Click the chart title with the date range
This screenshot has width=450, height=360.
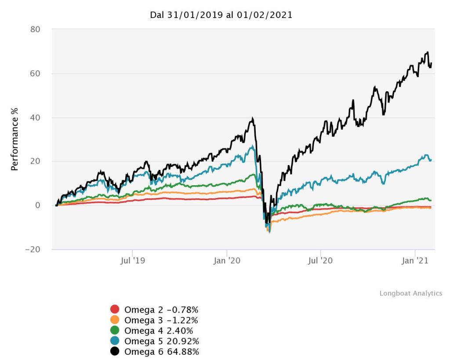coord(221,15)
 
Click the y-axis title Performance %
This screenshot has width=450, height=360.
coord(14,139)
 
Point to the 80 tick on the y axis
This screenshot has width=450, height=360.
coord(35,29)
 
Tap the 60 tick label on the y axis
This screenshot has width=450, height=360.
coord(35,73)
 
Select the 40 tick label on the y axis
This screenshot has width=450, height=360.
coord(35,117)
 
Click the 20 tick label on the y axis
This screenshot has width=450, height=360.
coord(35,161)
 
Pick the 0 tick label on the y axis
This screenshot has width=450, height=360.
coord(38,205)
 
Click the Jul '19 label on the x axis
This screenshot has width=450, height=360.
coord(132,261)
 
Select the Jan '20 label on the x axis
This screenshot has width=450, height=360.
coord(227,261)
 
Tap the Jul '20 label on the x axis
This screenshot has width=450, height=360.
coord(321,261)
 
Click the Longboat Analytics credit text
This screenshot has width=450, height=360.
coord(411,293)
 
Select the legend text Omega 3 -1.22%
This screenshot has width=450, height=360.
coord(161,320)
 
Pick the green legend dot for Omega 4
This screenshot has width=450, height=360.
coord(115,330)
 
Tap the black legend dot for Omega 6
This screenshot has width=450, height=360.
coord(115,351)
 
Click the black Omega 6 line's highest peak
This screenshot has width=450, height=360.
coord(427,52)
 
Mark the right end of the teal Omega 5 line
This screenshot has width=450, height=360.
coord(431,160)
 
